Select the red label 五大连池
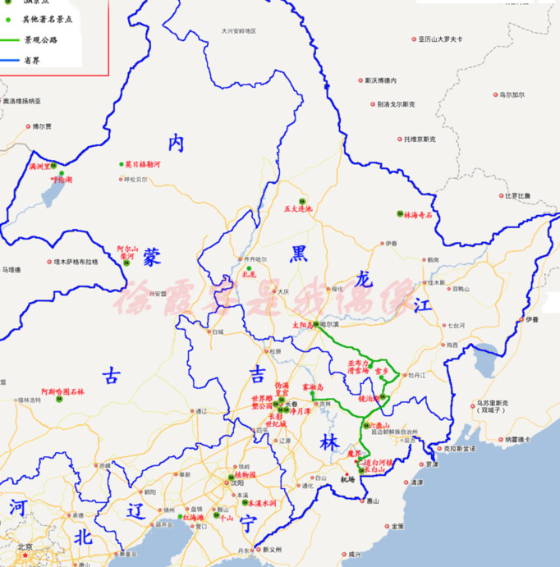point(298,209)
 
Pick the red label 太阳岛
point(303,325)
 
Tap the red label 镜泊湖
point(370,398)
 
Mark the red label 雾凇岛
point(314,386)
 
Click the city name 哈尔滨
point(329,325)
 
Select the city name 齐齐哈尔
point(256,259)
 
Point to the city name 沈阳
point(238,483)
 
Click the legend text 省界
point(33,59)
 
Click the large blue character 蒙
point(151,258)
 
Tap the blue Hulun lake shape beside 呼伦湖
point(52,194)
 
